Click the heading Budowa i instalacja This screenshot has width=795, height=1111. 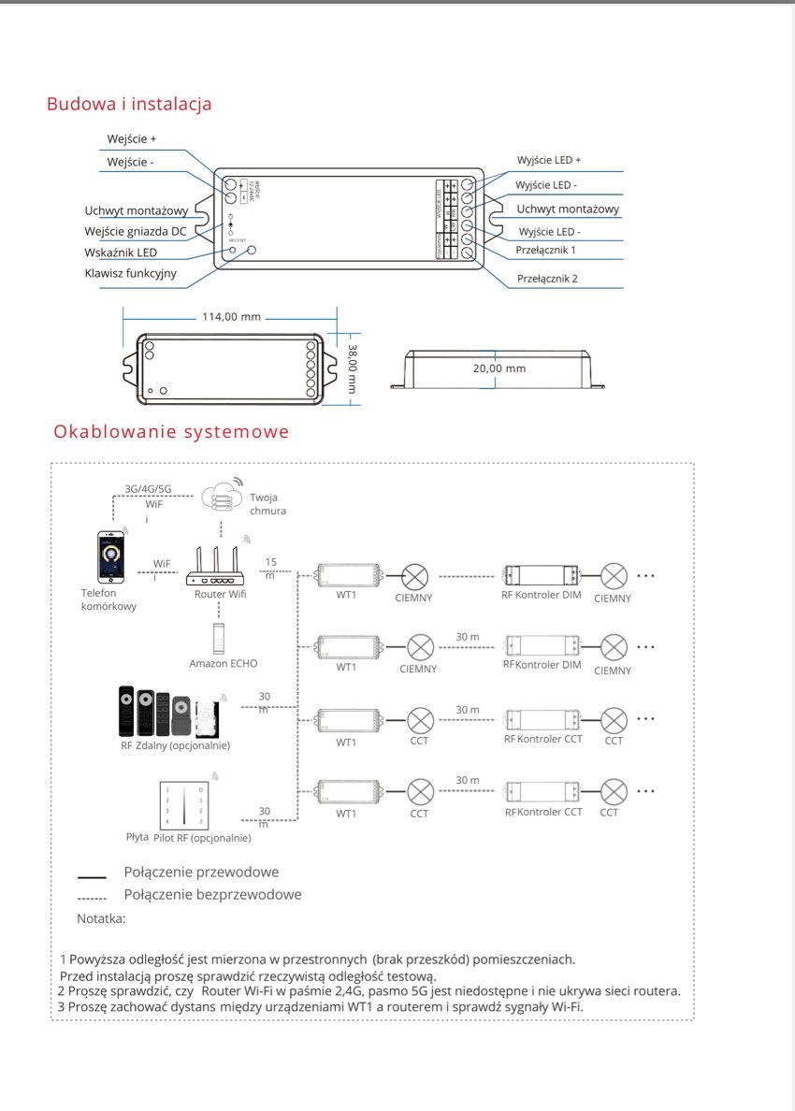click(129, 104)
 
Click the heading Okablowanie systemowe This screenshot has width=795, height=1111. click(171, 432)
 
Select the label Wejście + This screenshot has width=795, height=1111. click(132, 139)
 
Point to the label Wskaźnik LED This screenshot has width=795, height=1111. click(121, 252)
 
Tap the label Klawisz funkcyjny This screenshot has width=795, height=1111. click(130, 274)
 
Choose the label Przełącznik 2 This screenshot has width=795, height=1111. click(547, 279)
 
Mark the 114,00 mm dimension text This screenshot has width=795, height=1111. click(231, 317)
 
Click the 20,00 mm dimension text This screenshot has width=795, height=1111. click(499, 368)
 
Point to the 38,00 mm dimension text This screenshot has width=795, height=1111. click(354, 368)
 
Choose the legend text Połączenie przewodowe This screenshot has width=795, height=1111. click(201, 873)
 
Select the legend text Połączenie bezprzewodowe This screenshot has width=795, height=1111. click(212, 895)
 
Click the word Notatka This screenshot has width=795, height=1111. click(101, 919)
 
